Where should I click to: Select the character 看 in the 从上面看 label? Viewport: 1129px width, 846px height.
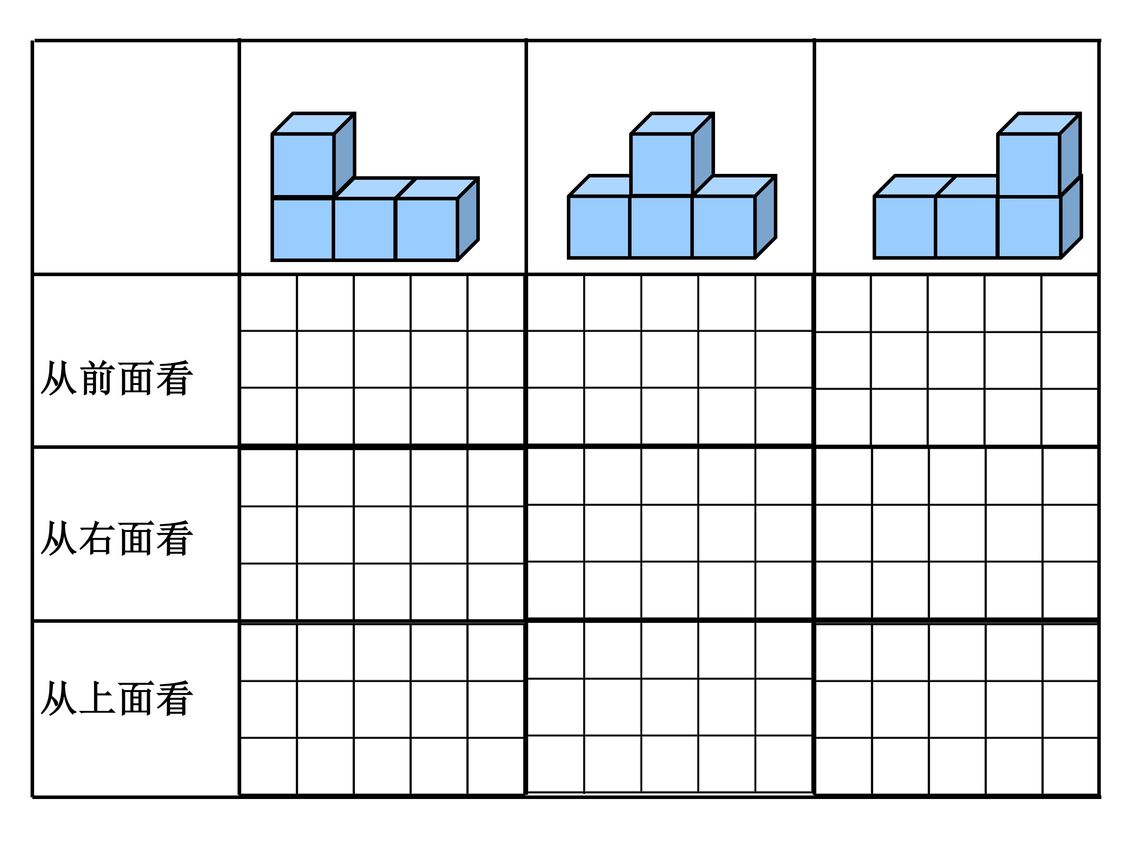pos(174,698)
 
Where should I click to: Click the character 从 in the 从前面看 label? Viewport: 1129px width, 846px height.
pos(59,378)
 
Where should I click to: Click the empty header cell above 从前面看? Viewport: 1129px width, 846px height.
pos(136,157)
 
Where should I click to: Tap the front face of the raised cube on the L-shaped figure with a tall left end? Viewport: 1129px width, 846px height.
pos(303,165)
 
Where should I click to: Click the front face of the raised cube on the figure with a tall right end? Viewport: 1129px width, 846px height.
pos(1029,165)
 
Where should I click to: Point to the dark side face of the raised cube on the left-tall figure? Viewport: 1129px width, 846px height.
pos(345,154)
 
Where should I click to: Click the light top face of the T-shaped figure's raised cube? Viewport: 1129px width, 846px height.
pos(672,123)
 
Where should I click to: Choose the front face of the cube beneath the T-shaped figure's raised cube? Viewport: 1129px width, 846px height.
pos(661,227)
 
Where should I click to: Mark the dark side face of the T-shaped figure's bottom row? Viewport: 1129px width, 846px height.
pos(766,217)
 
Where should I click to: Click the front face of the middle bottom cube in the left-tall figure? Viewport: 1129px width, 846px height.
pos(365,230)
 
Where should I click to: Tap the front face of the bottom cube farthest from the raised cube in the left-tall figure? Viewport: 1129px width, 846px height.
pos(427,230)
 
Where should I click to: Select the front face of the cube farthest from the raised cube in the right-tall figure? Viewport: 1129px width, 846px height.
pos(905,227)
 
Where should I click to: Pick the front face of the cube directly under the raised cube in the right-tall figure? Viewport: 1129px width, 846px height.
pos(1029,227)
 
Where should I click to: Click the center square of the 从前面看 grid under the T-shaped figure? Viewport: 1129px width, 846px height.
pos(670,359)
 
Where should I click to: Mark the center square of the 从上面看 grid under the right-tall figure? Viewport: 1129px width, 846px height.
pos(957,709)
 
